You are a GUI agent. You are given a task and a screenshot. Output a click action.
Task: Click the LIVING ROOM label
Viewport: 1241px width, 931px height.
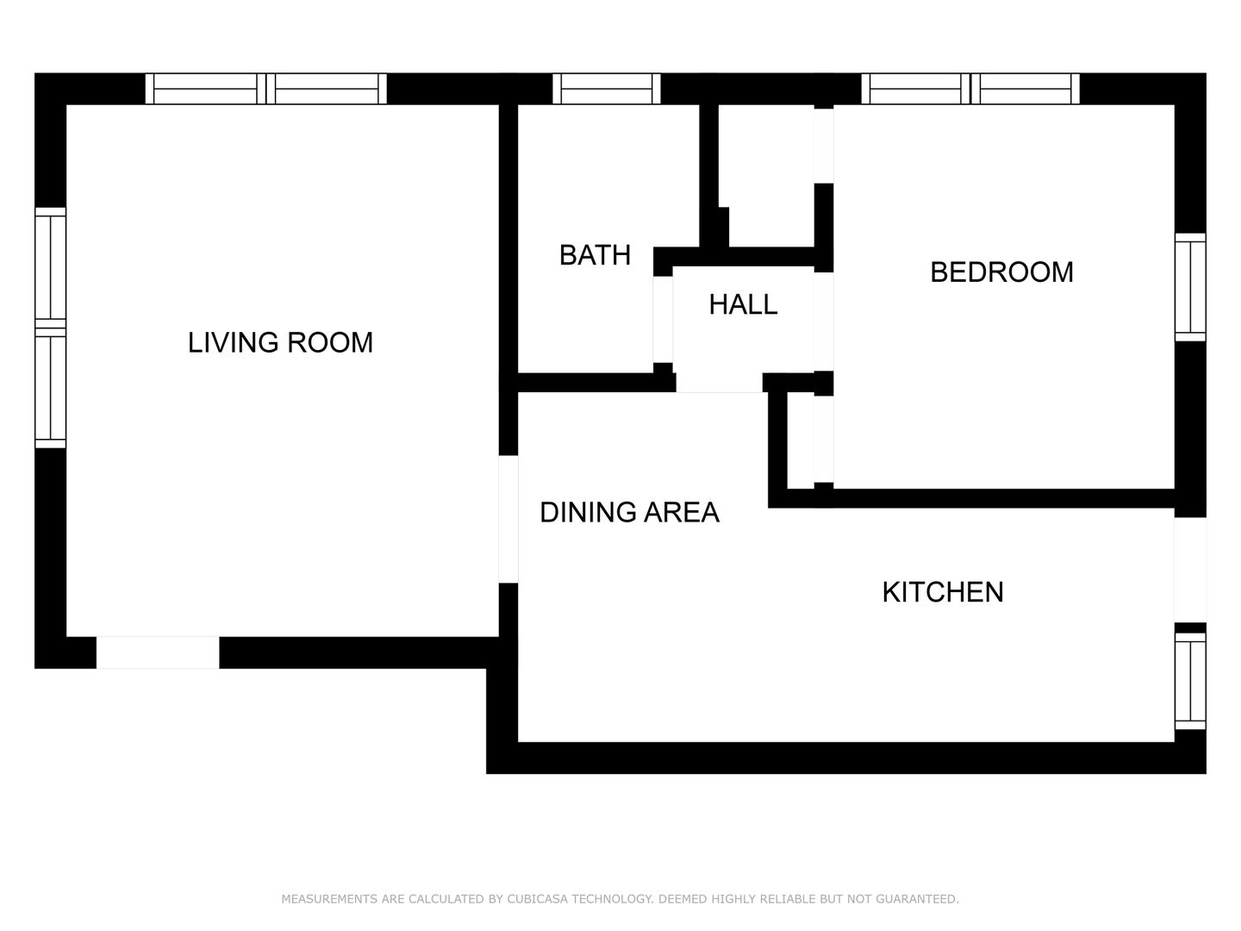pos(280,342)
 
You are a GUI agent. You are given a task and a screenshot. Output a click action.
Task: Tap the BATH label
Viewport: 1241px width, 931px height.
pos(595,255)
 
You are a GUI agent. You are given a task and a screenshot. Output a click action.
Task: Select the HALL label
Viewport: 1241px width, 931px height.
pos(743,304)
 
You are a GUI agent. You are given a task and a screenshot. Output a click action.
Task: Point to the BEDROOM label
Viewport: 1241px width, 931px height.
pos(1001,272)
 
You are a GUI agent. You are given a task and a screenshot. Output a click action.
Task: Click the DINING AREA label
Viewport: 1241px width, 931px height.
pos(629,512)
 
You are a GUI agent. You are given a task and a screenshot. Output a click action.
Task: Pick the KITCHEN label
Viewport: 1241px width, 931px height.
pos(943,592)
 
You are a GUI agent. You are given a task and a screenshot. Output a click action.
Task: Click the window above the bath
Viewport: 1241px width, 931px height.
pos(606,89)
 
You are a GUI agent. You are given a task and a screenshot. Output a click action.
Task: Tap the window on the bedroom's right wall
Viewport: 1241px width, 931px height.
pos(1190,287)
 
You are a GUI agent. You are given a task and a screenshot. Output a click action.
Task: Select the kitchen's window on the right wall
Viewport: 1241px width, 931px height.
pos(1190,681)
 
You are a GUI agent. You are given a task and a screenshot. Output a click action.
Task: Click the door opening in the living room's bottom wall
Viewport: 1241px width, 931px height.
pos(158,653)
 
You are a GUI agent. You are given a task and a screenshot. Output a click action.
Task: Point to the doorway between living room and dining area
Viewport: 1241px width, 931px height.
pos(508,519)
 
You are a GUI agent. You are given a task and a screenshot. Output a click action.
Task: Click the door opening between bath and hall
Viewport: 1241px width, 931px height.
pos(663,319)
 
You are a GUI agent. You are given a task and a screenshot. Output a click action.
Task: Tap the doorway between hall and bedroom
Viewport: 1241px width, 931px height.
pos(823,322)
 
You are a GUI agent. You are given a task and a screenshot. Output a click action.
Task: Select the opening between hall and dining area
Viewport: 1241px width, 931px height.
pos(719,383)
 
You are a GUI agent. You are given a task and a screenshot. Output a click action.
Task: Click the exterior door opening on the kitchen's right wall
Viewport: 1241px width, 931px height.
pos(1190,570)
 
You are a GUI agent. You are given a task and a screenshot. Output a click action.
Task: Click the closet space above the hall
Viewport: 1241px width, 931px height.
pos(766,175)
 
